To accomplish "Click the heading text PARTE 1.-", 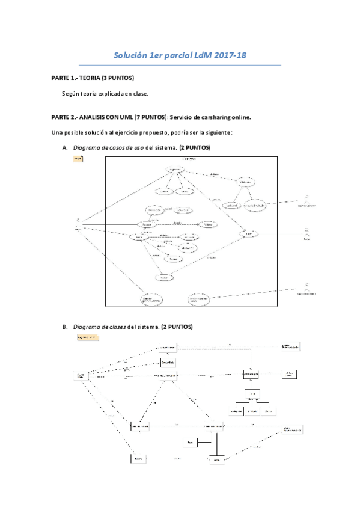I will coord(64,79).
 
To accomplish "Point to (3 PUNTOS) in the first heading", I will coord(118,79).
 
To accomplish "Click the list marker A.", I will coord(65,148).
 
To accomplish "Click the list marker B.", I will coord(65,327).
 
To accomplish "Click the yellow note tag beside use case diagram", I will coord(78,159).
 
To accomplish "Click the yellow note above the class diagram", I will coord(87,338).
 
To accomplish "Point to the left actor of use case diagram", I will coord(78,222).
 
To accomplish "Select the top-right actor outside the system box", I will coord(307,199).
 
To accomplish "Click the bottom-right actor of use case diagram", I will coord(307,286).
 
